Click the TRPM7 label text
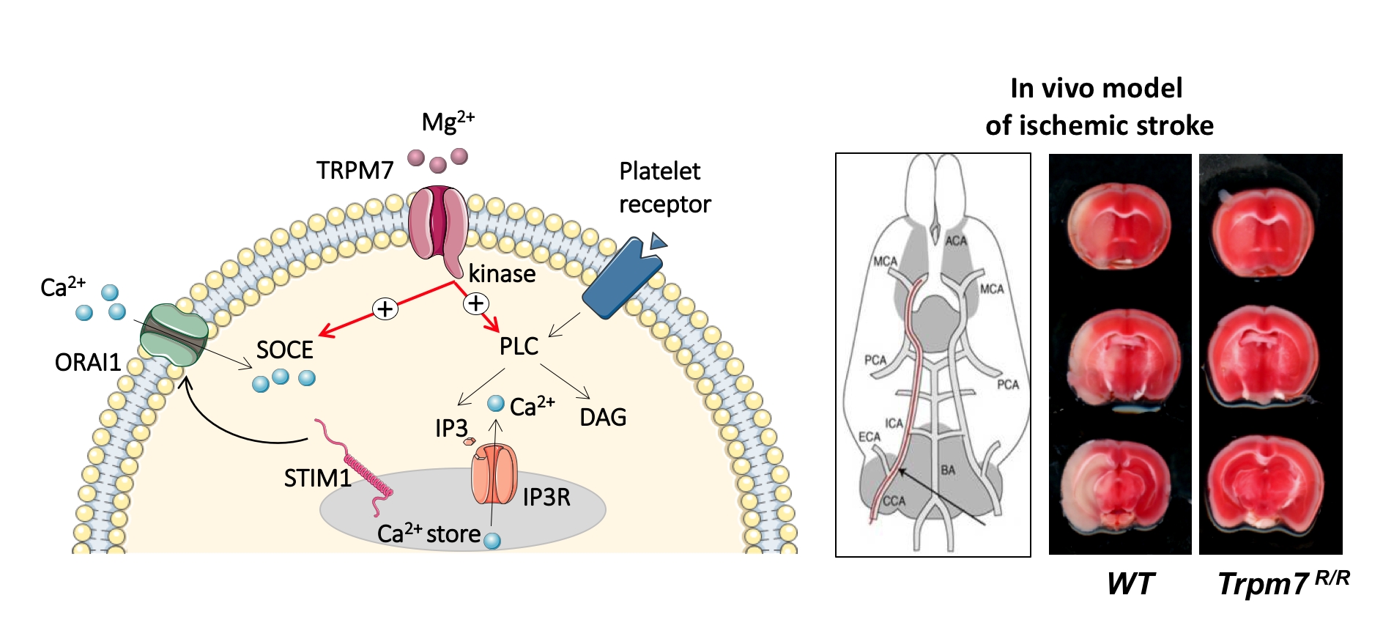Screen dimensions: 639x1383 tap(355, 171)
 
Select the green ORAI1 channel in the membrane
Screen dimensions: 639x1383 tap(174, 336)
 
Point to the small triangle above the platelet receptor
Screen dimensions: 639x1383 tap(659, 240)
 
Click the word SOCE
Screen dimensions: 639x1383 tap(284, 350)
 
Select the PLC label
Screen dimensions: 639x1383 tap(519, 346)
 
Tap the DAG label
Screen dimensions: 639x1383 tap(603, 418)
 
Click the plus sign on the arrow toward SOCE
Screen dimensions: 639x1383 tap(385, 309)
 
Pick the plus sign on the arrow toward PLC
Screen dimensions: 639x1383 tap(476, 303)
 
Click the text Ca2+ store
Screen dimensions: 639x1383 tap(429, 533)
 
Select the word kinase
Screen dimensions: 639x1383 tap(502, 274)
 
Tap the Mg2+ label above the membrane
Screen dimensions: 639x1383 tap(448, 121)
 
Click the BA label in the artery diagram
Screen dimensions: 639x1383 tap(948, 470)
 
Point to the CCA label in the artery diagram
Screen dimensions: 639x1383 tap(894, 501)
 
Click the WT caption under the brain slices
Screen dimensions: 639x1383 tap(1130, 584)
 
